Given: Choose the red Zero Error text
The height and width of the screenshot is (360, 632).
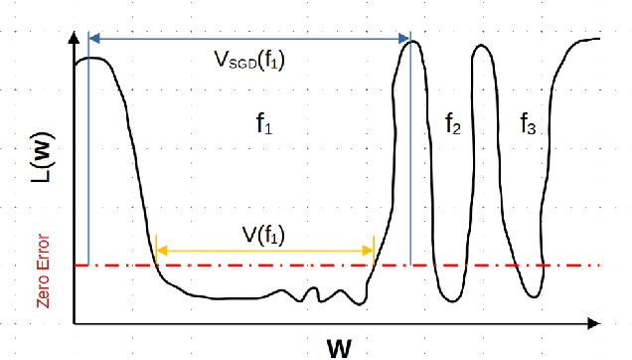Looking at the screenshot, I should (x=44, y=270).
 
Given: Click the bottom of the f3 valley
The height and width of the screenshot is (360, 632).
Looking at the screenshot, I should (x=531, y=296).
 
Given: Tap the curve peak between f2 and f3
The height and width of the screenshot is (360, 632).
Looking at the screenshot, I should (x=483, y=47).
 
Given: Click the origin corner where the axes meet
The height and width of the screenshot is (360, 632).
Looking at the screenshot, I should (x=74, y=323).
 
